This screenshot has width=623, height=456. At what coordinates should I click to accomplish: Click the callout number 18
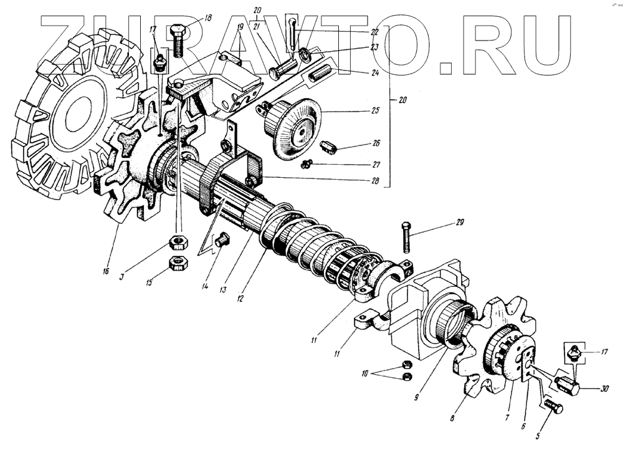pos(207,17)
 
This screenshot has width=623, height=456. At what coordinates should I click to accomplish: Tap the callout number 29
pos(444,223)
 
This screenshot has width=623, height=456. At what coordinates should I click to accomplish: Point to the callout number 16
pos(106,271)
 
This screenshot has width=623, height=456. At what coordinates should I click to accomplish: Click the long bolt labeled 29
pos(405,238)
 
